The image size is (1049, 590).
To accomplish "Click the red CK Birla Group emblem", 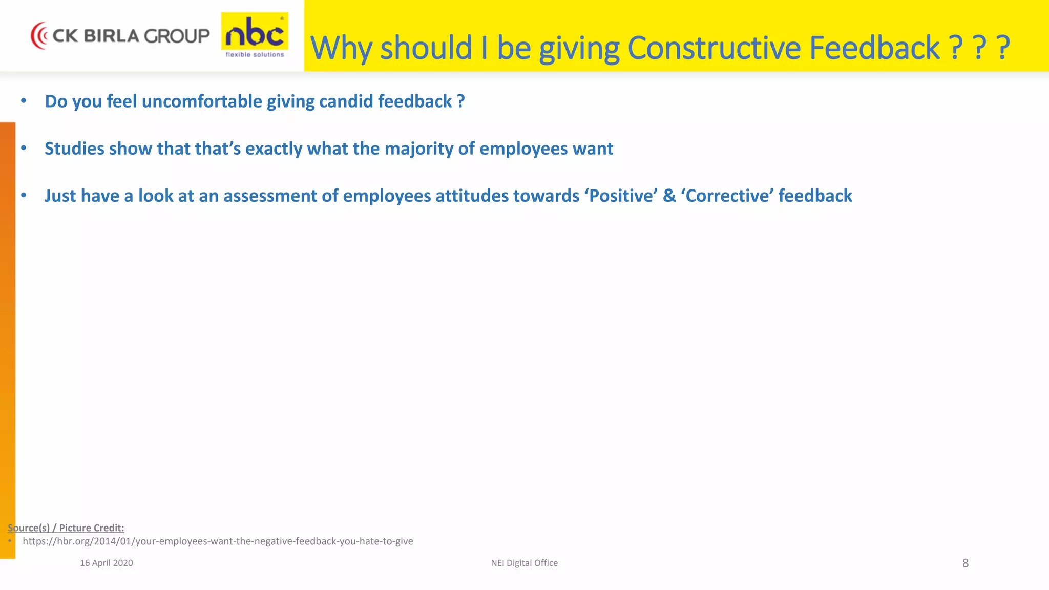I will pyautogui.click(x=39, y=36).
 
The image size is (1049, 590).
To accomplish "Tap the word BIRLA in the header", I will pyautogui.click(x=111, y=36).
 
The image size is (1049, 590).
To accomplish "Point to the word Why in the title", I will pyautogui.click(x=341, y=49).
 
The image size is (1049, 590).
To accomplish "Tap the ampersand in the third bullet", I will pyautogui.click(x=669, y=196).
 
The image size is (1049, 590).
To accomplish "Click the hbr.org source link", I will pyautogui.click(x=218, y=541).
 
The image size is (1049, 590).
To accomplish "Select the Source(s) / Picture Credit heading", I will pyautogui.click(x=66, y=528).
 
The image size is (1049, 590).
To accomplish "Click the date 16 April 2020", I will pyautogui.click(x=107, y=563).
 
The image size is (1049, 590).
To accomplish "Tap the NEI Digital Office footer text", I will pyautogui.click(x=524, y=563).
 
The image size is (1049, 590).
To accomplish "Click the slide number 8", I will pyautogui.click(x=965, y=563).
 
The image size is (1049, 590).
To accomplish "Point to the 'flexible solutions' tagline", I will pyautogui.click(x=255, y=55).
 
